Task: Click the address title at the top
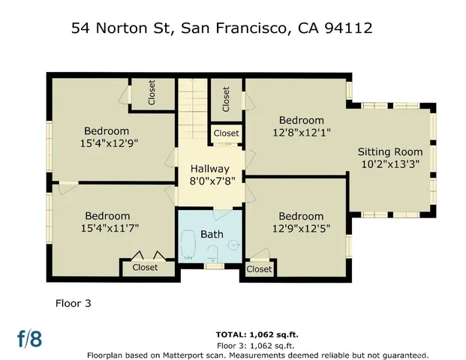click(x=221, y=28)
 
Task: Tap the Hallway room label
click(x=209, y=169)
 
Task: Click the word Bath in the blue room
click(x=212, y=235)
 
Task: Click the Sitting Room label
click(x=389, y=151)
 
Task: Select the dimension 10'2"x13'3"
click(x=389, y=164)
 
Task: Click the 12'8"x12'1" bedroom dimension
click(x=302, y=133)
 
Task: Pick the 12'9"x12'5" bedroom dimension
click(x=302, y=229)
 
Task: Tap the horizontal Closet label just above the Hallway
click(x=226, y=133)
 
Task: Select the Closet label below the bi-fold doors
click(x=145, y=267)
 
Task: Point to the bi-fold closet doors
click(x=145, y=255)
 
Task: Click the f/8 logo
click(x=30, y=338)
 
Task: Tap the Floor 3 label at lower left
click(x=74, y=304)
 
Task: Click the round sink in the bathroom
click(x=233, y=244)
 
